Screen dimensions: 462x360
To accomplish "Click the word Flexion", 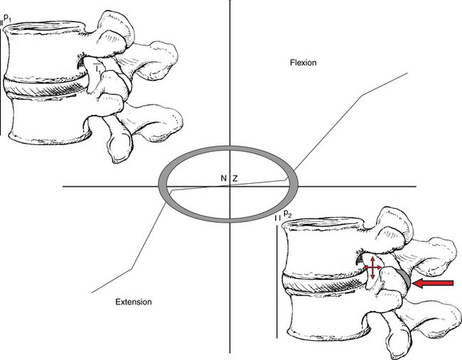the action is (x=303, y=62).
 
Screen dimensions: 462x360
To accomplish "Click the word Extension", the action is (x=134, y=302).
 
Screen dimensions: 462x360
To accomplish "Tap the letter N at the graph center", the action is (x=224, y=178).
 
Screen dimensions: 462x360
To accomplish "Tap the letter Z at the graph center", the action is (x=235, y=178).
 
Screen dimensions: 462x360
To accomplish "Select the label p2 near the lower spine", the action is (x=288, y=214).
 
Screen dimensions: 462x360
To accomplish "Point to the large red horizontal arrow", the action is (x=433, y=283).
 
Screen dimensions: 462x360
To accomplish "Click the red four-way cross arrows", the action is (x=372, y=268).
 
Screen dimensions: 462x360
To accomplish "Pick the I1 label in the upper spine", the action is (x=97, y=69).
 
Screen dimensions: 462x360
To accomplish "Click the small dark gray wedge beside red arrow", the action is (x=406, y=278).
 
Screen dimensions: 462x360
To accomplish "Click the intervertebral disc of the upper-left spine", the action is (x=45, y=87).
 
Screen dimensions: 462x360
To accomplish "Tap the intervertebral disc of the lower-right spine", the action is (x=324, y=282).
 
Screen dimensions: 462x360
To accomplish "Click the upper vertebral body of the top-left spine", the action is (x=44, y=52).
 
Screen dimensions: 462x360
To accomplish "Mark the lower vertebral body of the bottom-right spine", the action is (x=327, y=315).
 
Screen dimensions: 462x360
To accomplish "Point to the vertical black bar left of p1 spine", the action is (x=0, y=83).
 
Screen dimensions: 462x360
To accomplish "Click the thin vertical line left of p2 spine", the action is (x=276, y=282).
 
